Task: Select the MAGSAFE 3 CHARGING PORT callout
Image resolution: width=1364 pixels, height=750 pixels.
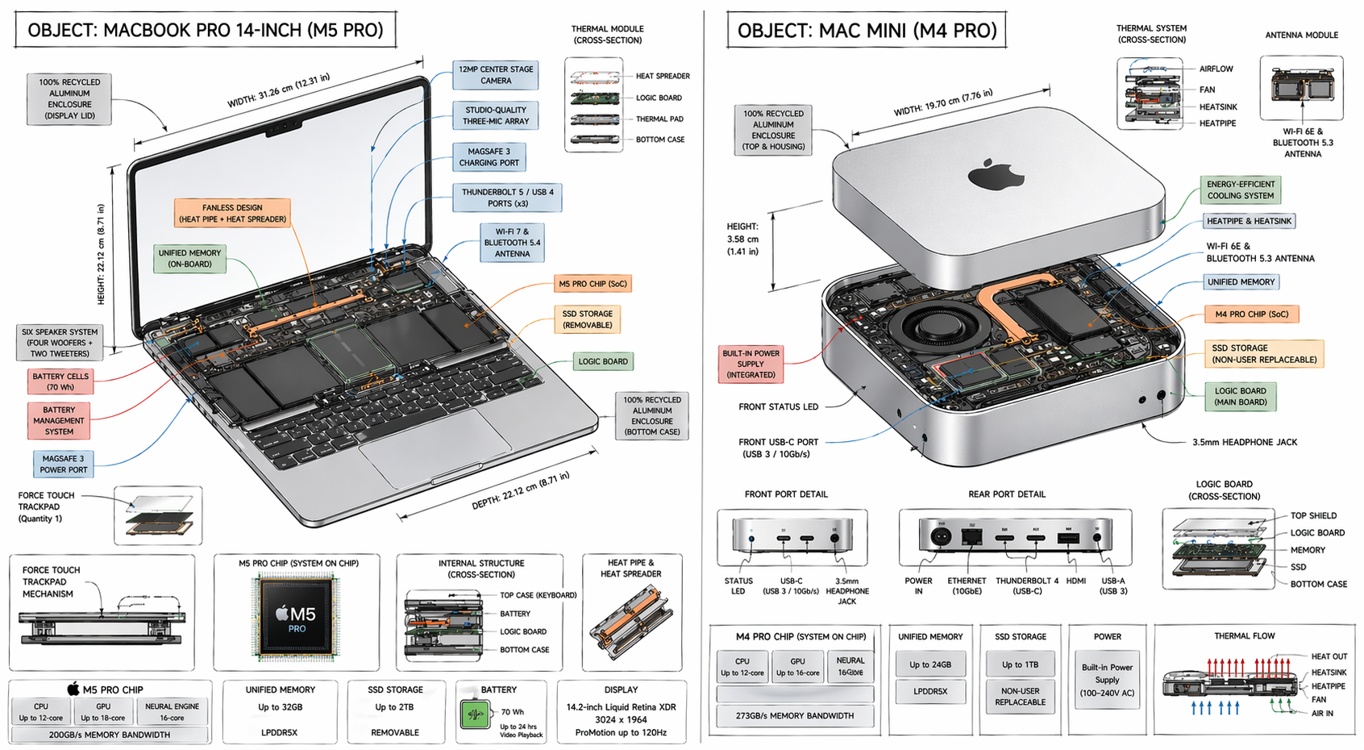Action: click(x=489, y=157)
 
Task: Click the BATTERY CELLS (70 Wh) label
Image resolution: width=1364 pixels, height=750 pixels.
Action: click(x=60, y=381)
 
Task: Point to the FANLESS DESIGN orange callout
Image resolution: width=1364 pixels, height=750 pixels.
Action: click(x=232, y=214)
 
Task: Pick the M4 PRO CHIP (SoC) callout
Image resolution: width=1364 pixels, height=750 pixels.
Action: click(x=1251, y=315)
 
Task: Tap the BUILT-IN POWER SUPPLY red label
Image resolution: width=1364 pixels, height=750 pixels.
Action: click(x=751, y=365)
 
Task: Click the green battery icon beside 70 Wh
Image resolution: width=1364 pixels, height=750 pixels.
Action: click(x=476, y=715)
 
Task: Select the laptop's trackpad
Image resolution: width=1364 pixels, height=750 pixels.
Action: click(x=435, y=445)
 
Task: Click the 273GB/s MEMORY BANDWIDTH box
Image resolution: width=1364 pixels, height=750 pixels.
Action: click(x=794, y=715)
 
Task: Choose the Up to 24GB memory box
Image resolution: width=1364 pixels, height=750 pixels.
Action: click(x=930, y=665)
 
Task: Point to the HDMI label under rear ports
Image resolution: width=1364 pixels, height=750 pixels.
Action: click(x=1075, y=581)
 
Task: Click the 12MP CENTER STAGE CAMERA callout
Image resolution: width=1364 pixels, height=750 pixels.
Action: click(x=496, y=75)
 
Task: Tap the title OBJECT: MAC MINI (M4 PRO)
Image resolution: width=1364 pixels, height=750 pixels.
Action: click(x=867, y=31)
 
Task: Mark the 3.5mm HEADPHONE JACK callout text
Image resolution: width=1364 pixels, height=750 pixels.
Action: click(x=1245, y=443)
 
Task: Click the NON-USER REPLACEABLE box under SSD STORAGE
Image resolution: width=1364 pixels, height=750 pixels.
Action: click(x=1020, y=697)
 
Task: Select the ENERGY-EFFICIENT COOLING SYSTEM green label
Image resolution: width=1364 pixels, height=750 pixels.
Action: click(x=1241, y=190)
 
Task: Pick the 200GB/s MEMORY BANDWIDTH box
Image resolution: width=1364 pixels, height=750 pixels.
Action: click(x=110, y=735)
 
